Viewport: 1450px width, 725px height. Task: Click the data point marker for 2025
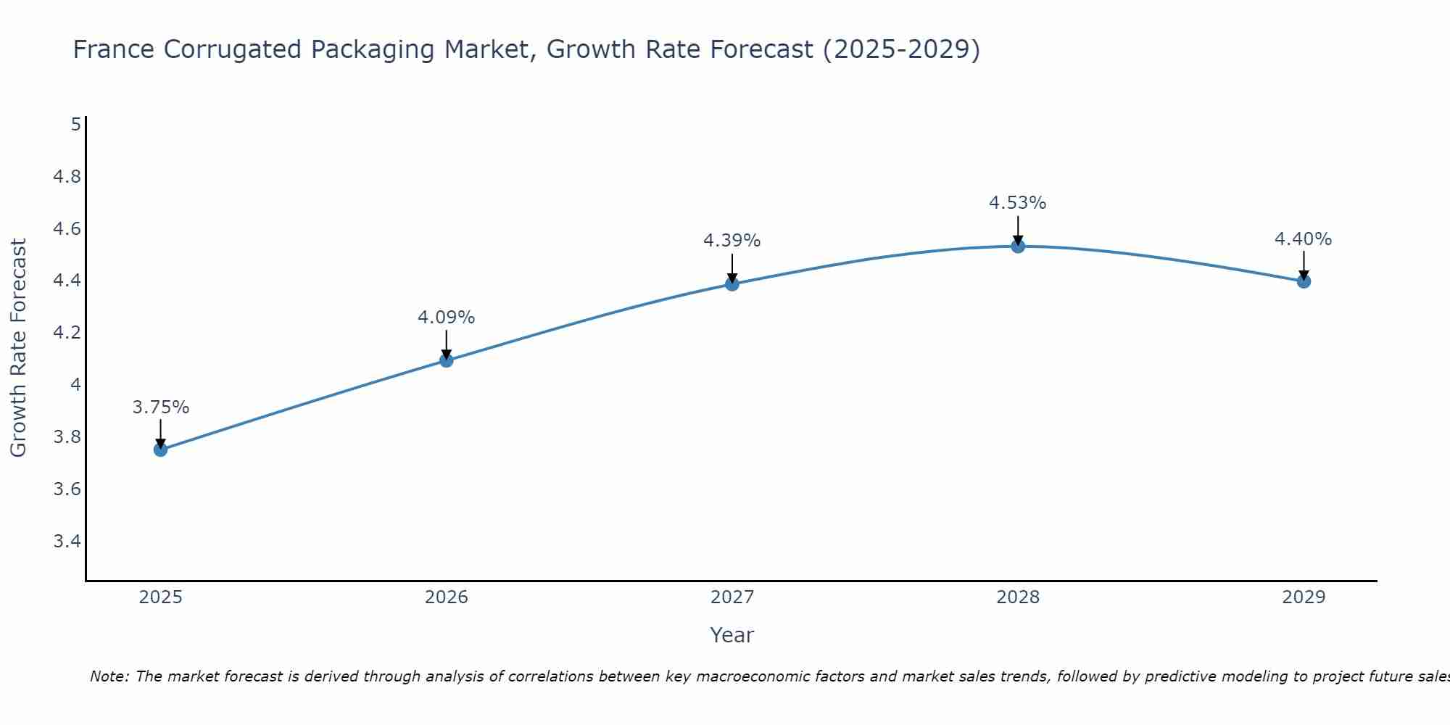pyautogui.click(x=161, y=449)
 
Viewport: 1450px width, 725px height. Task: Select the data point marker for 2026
pyautogui.click(x=447, y=360)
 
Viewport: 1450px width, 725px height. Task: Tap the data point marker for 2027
pyautogui.click(x=732, y=283)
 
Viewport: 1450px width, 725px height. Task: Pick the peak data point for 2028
pyautogui.click(x=1018, y=246)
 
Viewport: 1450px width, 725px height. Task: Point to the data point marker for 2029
pyautogui.click(x=1304, y=281)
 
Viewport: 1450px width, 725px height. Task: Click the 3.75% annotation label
pyautogui.click(x=161, y=407)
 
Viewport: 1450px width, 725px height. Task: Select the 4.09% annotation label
pyautogui.click(x=447, y=318)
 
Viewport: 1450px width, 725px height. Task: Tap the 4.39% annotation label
pyautogui.click(x=732, y=241)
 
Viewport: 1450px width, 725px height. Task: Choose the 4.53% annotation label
pyautogui.click(x=1018, y=203)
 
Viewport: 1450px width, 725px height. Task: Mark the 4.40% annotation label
pyautogui.click(x=1304, y=239)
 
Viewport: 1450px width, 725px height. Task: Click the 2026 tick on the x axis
pyautogui.click(x=447, y=597)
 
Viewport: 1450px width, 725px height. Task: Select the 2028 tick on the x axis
pyautogui.click(x=1018, y=597)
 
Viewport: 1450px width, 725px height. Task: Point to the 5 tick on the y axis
pyautogui.click(x=75, y=125)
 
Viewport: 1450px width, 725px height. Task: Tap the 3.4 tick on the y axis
pyautogui.click(x=67, y=542)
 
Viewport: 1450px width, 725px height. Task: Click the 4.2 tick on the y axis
pyautogui.click(x=67, y=333)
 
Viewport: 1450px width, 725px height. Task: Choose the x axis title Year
pyautogui.click(x=732, y=635)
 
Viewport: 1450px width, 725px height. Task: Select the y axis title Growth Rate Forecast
pyautogui.click(x=18, y=348)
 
